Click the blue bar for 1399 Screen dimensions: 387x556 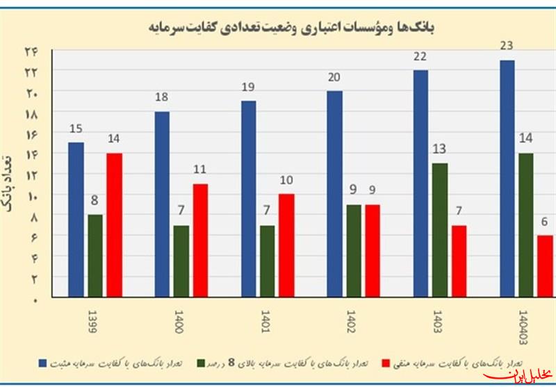pyautogui.click(x=76, y=220)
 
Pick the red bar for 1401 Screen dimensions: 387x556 pyautogui.click(x=286, y=245)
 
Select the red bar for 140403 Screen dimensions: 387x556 pyautogui.click(x=546, y=266)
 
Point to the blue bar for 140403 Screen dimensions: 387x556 pyautogui.click(x=507, y=179)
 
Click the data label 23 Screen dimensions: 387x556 pyautogui.click(x=507, y=46)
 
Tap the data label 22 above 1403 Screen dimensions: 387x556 pyautogui.click(x=420, y=56)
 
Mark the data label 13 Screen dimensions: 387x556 pyautogui.click(x=439, y=149)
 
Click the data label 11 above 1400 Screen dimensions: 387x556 pyautogui.click(x=199, y=170)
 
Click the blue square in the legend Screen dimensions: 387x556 pyautogui.click(x=43, y=362)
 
